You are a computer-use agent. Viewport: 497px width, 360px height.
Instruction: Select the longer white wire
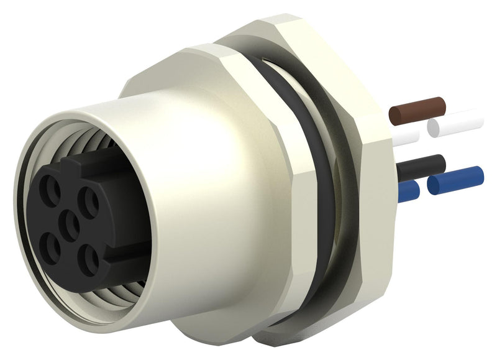[457, 124]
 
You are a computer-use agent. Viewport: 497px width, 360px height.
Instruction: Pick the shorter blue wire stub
[408, 192]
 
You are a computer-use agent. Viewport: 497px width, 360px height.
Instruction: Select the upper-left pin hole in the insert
[49, 187]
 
